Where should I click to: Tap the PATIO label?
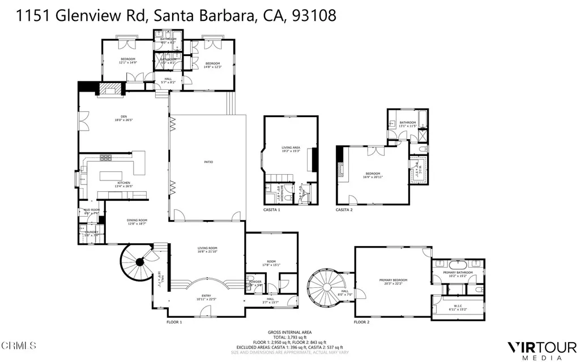[208, 162]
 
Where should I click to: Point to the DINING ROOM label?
[137, 222]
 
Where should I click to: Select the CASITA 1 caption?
[272, 210]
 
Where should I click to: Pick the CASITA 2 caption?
[344, 210]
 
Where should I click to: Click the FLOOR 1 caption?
[174, 322]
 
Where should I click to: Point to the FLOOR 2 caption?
[361, 322]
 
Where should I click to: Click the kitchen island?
[114, 175]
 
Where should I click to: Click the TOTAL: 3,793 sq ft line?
[289, 338]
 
